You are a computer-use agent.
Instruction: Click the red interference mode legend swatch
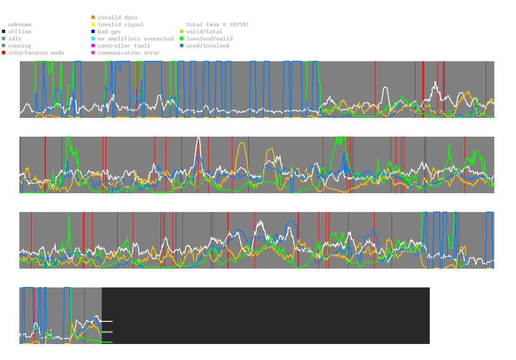tap(4, 53)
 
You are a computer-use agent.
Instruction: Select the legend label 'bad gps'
tap(109, 32)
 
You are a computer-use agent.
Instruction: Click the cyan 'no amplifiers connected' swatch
tap(93, 39)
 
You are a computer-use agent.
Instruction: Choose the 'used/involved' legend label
tap(208, 46)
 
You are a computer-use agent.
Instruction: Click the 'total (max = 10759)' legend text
tap(218, 25)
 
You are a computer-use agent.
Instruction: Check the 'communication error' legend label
tap(129, 53)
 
